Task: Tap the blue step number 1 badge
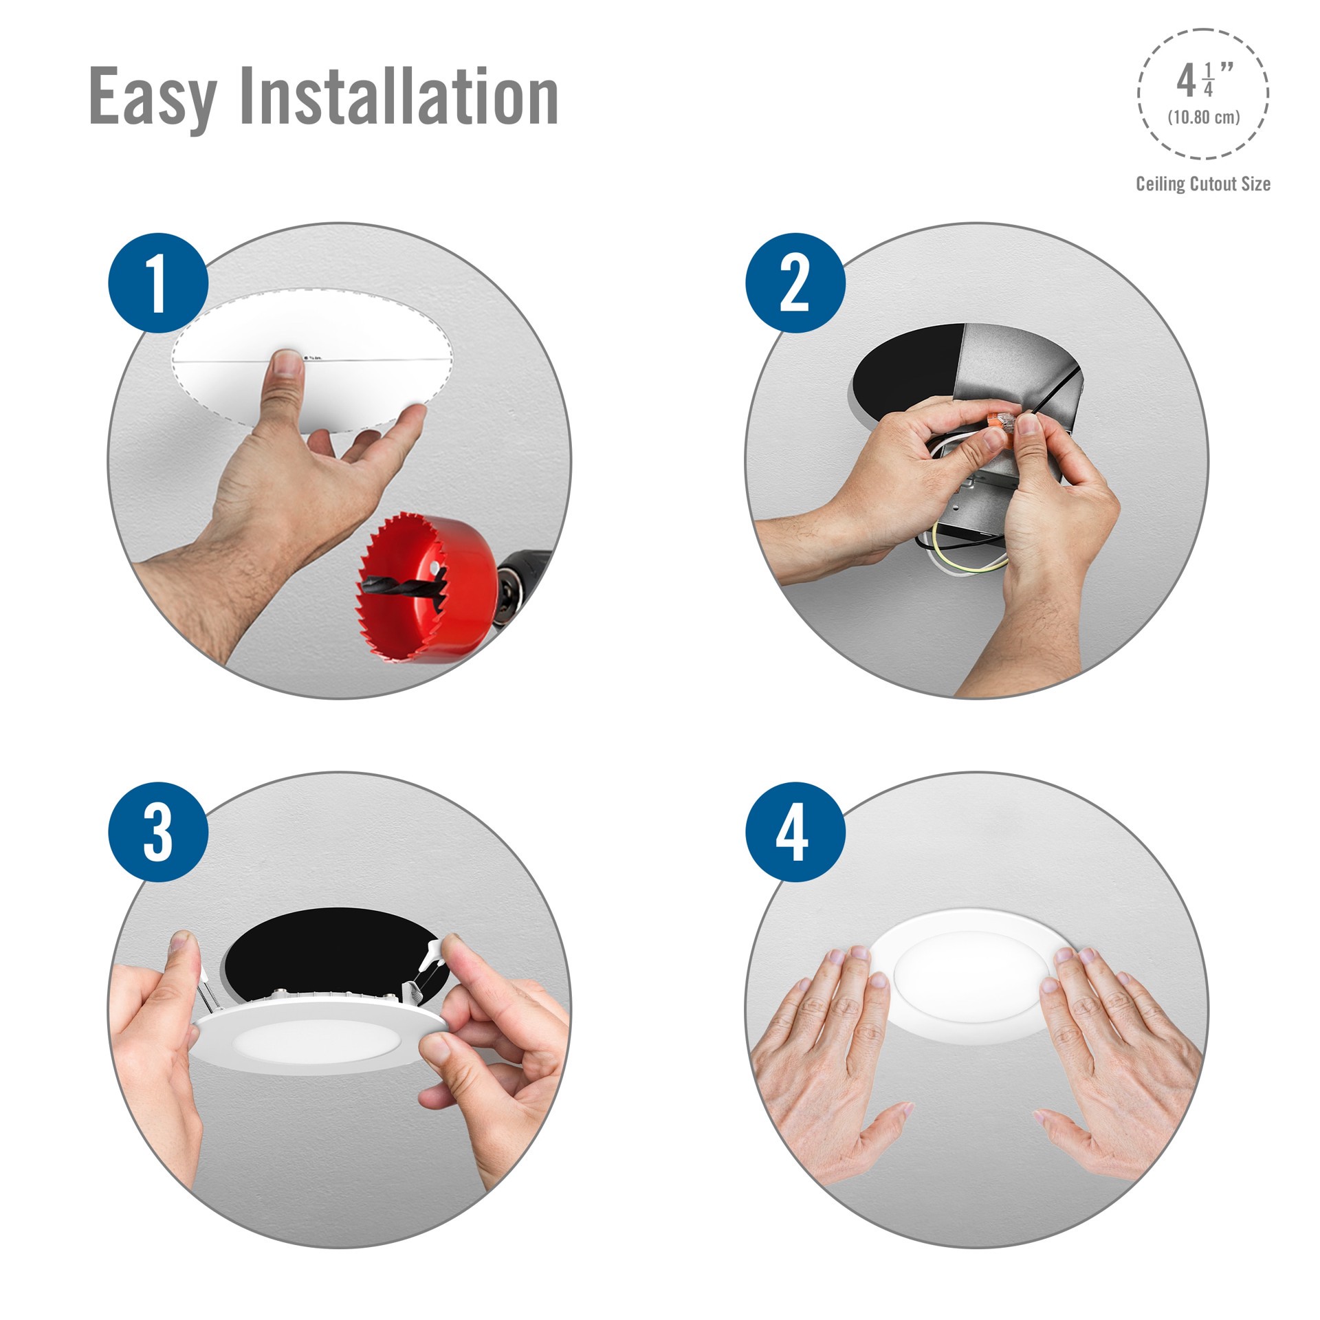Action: tap(158, 283)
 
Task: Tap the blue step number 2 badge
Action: tap(795, 283)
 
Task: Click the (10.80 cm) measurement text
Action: tap(1203, 117)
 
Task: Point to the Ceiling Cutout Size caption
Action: tap(1202, 184)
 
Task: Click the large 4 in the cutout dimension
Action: tap(1185, 82)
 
